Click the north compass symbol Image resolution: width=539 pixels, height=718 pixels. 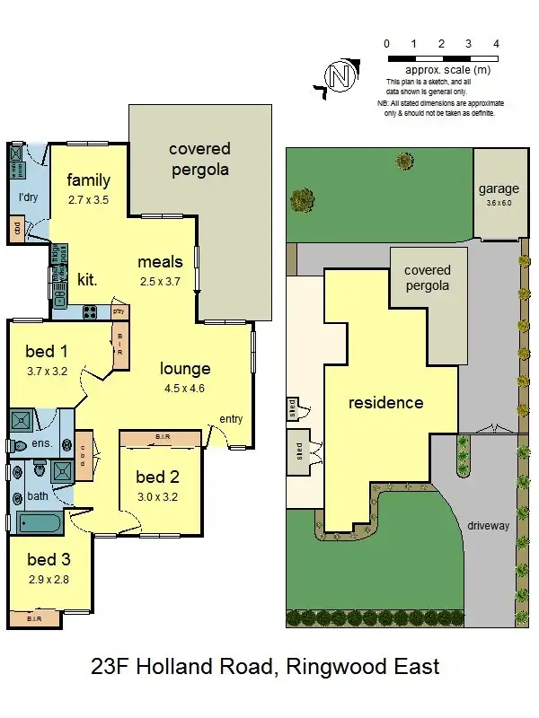pyautogui.click(x=340, y=77)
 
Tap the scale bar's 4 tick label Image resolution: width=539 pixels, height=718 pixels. pyautogui.click(x=497, y=43)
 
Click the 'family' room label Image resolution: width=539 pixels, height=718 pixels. pyautogui.click(x=88, y=179)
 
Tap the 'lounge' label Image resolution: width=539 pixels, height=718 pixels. pyautogui.click(x=185, y=368)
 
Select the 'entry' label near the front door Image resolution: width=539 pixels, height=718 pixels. pyautogui.click(x=231, y=419)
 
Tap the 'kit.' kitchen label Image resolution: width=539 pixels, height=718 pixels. pyautogui.click(x=87, y=279)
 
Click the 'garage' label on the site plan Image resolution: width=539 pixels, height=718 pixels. pyautogui.click(x=499, y=188)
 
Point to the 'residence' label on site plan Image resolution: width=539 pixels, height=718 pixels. pyautogui.click(x=385, y=403)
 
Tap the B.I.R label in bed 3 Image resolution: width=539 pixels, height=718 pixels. pyautogui.click(x=34, y=618)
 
